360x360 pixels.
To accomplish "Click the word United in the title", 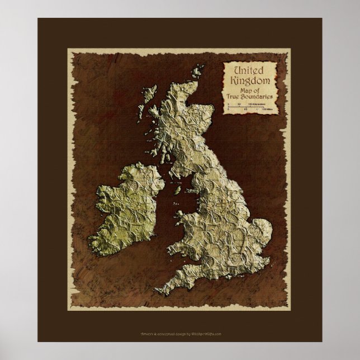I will click(x=250, y=70).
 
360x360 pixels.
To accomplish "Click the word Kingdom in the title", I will click(x=252, y=80).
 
